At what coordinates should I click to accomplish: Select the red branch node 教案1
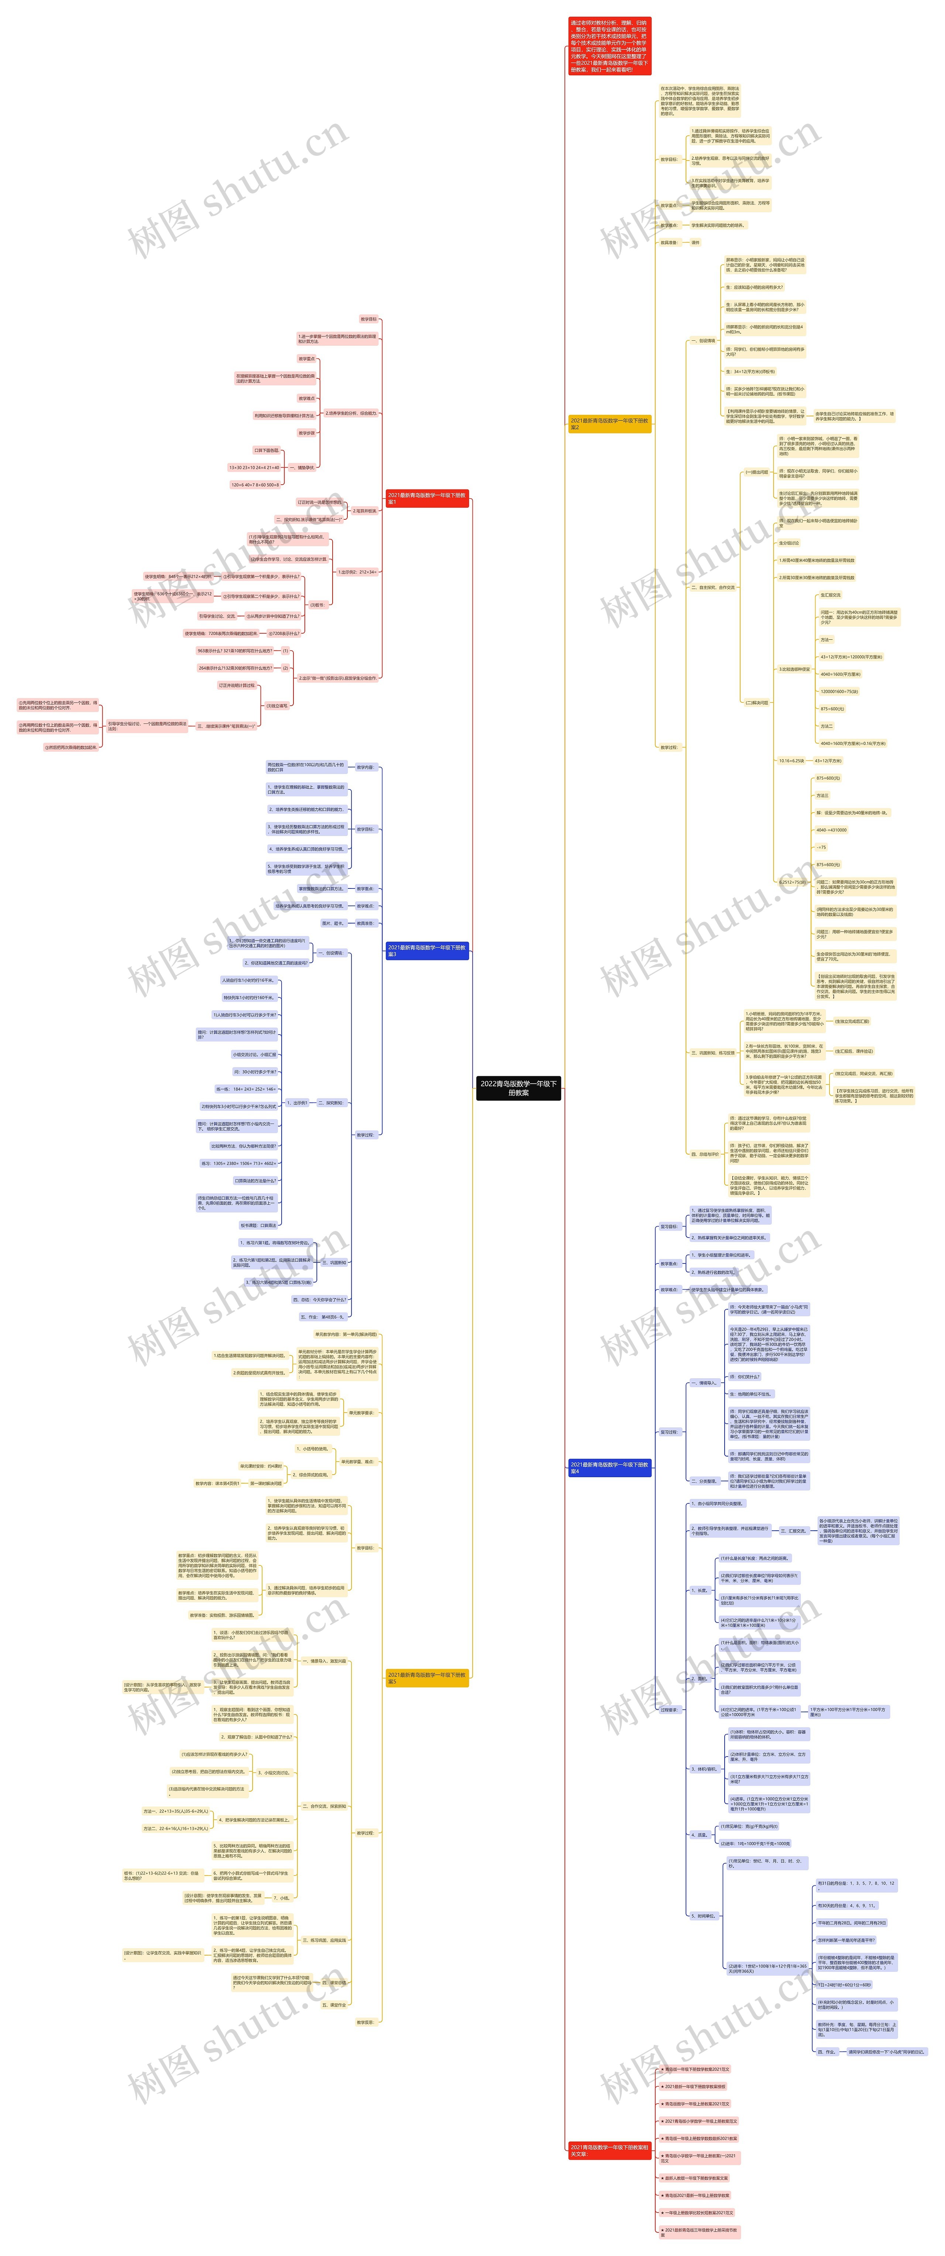coord(427,498)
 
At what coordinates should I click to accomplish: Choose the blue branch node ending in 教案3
coord(427,950)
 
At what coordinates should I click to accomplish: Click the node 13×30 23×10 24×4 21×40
coord(254,468)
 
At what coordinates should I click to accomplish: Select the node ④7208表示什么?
coord(284,633)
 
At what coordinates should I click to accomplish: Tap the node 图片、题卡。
coord(336,923)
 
